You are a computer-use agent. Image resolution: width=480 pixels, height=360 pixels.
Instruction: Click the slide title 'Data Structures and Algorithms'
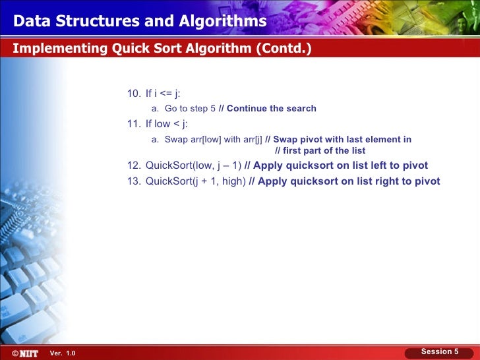140,22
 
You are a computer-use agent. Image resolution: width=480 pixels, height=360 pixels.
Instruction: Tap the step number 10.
133,93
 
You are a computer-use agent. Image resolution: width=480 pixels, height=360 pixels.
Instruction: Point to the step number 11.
133,123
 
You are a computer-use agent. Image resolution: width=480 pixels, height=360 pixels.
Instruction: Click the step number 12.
133,165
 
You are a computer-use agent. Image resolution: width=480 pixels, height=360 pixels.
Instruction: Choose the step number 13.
133,181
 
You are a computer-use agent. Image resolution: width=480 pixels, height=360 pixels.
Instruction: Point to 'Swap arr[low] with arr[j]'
213,139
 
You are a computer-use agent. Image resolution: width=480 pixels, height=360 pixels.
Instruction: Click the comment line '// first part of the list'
319,150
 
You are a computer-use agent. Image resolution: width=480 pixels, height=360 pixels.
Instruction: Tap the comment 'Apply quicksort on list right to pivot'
349,181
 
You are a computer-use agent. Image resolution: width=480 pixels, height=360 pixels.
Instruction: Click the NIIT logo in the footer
27,353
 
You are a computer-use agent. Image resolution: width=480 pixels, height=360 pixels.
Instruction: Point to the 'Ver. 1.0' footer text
63,354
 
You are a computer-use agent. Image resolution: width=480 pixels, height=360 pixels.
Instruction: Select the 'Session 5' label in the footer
440,351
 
